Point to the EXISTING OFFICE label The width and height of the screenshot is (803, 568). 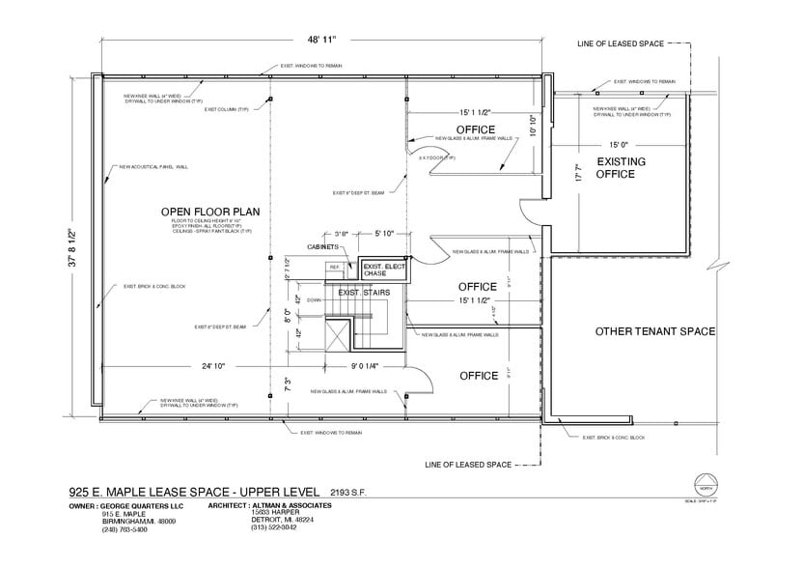[622, 167]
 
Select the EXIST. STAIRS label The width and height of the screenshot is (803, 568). [362, 291]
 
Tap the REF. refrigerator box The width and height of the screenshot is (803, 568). [335, 267]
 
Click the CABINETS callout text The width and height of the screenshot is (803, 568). [323, 247]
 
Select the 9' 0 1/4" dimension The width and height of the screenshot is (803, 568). [365, 366]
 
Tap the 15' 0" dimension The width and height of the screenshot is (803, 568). [620, 144]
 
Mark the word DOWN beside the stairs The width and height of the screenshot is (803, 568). [314, 300]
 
